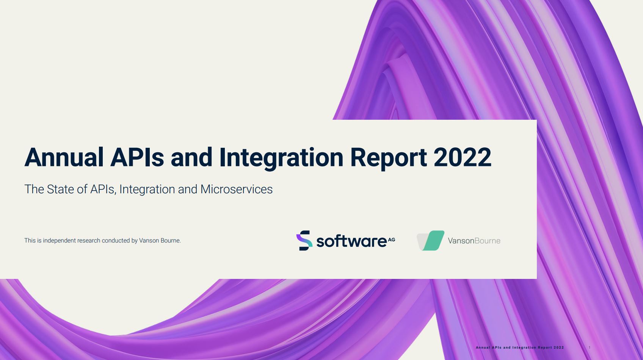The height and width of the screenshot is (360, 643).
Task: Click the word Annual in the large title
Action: point(64,157)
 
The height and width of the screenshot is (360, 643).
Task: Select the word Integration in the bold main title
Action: point(281,158)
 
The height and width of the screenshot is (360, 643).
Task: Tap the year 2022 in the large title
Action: point(463,157)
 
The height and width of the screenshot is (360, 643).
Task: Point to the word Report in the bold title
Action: point(389,158)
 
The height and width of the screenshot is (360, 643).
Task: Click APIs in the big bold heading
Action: point(137,157)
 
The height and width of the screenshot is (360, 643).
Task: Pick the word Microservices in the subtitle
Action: point(237,189)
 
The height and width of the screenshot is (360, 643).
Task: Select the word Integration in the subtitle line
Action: point(147,190)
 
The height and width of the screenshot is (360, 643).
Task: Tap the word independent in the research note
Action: point(60,241)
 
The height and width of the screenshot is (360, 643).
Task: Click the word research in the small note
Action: point(89,240)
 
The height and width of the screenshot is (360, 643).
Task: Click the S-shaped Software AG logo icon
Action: point(304,240)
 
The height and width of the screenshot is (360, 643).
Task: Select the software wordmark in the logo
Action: point(351,241)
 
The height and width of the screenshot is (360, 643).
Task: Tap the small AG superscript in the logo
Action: point(392,240)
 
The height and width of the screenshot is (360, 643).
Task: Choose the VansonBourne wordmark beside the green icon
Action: point(474,241)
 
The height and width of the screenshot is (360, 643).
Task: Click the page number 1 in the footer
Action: point(590,347)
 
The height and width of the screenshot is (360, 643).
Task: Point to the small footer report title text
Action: point(520,347)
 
